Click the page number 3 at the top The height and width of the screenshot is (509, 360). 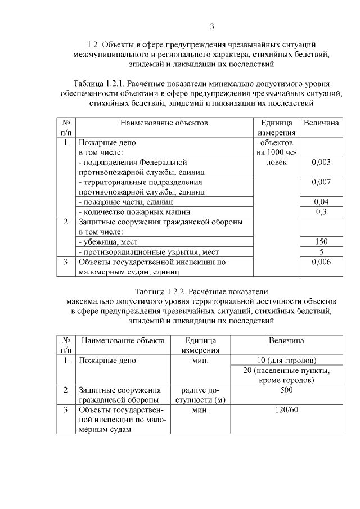212,26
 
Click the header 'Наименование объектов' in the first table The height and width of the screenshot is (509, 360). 164,122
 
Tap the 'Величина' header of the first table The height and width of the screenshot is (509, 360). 321,122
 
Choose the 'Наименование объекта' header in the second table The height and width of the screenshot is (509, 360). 123,340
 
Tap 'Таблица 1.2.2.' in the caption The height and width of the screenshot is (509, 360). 161,291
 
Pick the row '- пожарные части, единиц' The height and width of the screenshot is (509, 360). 125,202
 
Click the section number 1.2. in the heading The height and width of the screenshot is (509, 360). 94,43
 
